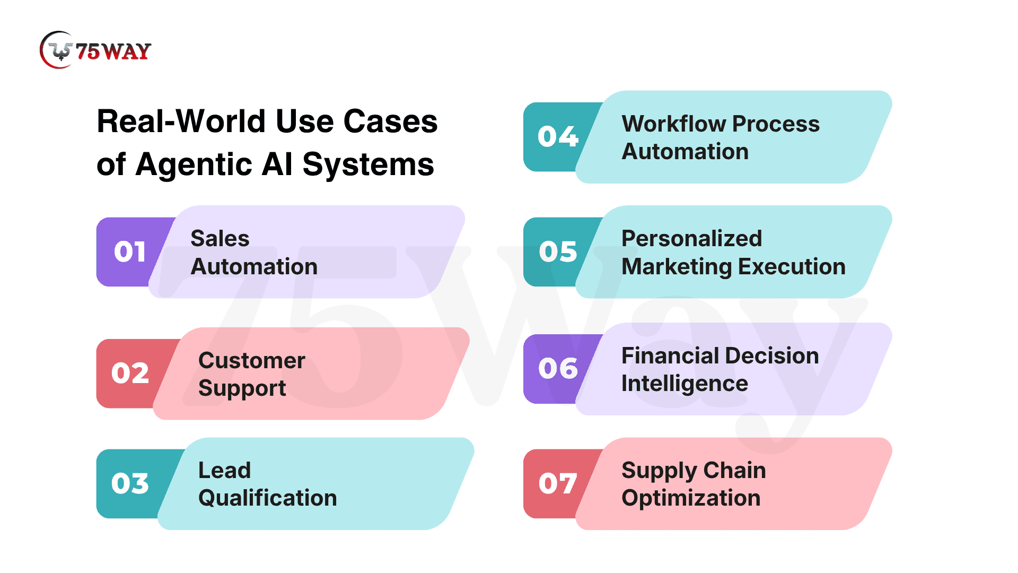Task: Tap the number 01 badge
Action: [130, 251]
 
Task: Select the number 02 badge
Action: [130, 373]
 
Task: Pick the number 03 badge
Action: [130, 483]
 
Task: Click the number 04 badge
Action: [558, 136]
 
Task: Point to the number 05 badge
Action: [558, 251]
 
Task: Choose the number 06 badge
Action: [558, 368]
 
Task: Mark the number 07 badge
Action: [558, 483]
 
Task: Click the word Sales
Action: [220, 239]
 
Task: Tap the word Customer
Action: [252, 361]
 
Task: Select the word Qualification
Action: [268, 498]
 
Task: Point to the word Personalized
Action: [692, 239]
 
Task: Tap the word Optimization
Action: [691, 498]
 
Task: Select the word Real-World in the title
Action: [182, 121]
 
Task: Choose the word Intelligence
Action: [684, 384]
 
